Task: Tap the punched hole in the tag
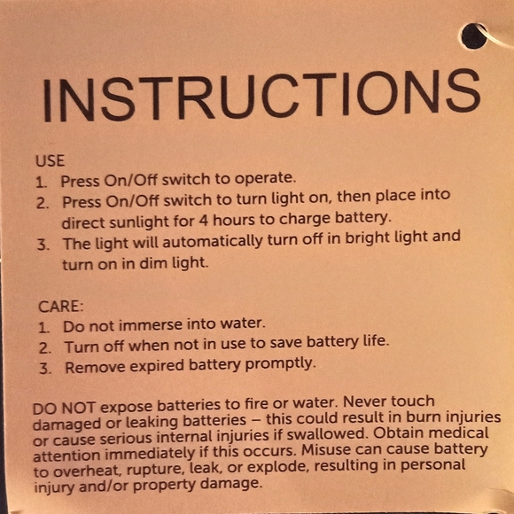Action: click(x=474, y=36)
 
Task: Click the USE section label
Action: click(x=51, y=160)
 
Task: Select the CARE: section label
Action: click(x=61, y=306)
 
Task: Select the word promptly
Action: click(x=279, y=364)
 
